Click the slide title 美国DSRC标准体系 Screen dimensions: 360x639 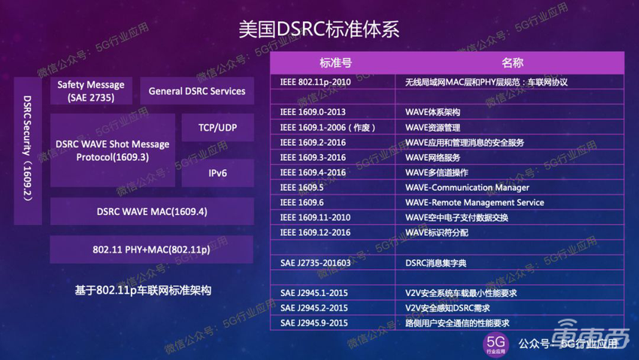pos(319,30)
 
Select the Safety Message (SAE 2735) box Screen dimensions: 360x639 pos(91,91)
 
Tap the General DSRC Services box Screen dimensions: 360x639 pos(197,91)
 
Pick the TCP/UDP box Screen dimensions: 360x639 pos(217,128)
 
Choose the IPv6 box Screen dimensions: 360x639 pos(217,173)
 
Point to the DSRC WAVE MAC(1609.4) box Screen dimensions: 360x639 pos(151,212)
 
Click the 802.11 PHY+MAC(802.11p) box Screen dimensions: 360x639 pos(151,249)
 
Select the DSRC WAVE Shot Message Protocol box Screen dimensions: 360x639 pos(113,150)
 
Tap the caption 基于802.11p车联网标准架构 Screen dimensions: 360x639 pos(144,290)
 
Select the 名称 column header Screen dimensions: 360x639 pos(512,62)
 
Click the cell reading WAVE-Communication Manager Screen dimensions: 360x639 pos(467,187)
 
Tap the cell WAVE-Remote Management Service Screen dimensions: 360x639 pos(474,202)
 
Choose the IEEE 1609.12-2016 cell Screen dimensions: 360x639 pos(315,232)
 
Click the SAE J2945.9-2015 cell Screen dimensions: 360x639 pos(313,322)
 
